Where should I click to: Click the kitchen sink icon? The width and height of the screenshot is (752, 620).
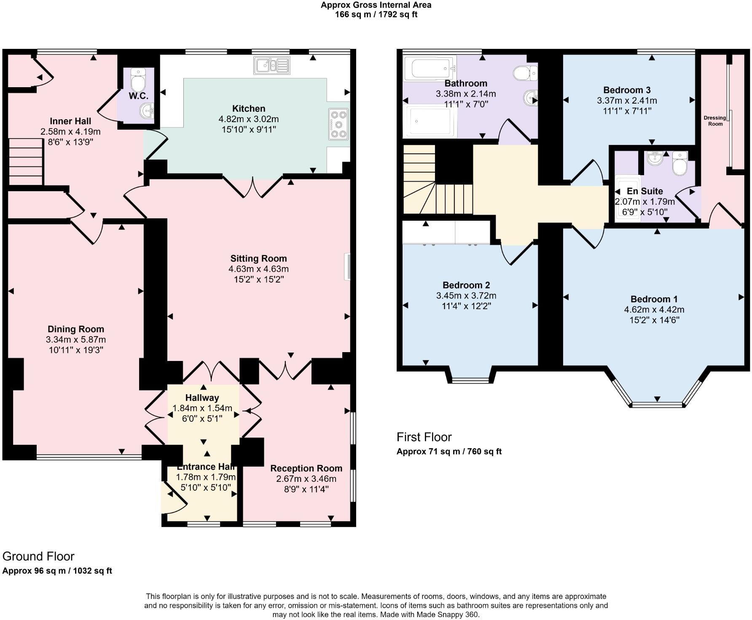point(272,65)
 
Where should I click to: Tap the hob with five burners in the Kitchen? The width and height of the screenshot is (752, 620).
point(339,124)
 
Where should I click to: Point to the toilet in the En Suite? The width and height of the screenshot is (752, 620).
point(679,163)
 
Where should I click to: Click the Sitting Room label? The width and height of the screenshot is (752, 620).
point(258,259)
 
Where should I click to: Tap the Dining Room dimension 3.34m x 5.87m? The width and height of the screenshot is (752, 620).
point(76,339)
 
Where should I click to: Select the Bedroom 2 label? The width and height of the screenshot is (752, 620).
point(466,285)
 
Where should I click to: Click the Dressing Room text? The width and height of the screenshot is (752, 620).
point(715,121)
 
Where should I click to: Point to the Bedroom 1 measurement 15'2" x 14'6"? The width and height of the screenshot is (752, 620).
point(654,320)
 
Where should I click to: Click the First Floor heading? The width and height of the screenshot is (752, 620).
point(424,437)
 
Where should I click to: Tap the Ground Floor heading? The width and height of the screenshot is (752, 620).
point(38,556)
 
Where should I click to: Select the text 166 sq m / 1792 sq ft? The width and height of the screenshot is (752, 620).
point(376,15)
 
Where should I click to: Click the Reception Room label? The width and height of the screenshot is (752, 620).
point(306,468)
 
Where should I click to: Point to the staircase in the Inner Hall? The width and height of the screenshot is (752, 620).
point(26,162)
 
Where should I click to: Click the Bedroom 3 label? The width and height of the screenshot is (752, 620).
point(627,90)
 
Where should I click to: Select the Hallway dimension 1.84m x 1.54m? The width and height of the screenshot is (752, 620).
point(202,408)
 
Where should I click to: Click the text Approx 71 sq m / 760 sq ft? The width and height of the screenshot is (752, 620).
point(449,452)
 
